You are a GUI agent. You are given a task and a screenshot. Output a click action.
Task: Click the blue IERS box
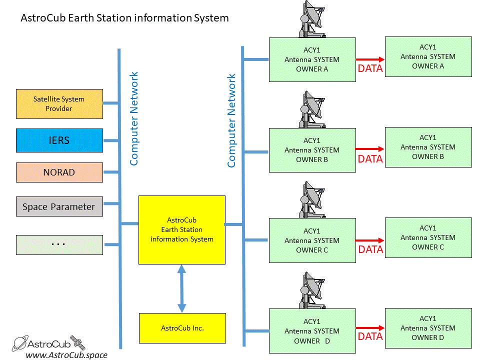pos(59,140)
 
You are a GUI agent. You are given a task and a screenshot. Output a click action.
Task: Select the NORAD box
pos(59,172)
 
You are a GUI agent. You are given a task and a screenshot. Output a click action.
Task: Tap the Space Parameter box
pos(59,206)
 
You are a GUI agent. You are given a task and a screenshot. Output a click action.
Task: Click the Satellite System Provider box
pos(59,104)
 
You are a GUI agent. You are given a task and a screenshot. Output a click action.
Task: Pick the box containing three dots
pos(59,245)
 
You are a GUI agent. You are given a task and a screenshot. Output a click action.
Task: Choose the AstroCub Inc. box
pos(182,328)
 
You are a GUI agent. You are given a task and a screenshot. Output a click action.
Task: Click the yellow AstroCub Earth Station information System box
pos(182,230)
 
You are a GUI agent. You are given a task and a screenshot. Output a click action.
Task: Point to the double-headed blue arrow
pos(182,288)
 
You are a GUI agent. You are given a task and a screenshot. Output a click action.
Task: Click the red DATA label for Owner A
pos(370,68)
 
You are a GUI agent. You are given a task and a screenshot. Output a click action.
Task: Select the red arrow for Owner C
pos(370,240)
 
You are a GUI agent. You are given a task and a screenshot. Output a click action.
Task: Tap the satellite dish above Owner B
pos(312,109)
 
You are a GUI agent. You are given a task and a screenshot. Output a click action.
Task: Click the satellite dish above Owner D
pos(312,290)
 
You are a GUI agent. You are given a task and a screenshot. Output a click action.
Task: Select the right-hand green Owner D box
pos(428,328)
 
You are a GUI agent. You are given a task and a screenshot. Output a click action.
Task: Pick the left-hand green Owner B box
pos(312,150)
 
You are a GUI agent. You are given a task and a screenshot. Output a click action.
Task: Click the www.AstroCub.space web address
pos(66,355)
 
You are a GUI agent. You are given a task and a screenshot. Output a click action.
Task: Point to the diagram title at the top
pos(124,18)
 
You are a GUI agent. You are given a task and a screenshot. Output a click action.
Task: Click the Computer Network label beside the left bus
pos(134,119)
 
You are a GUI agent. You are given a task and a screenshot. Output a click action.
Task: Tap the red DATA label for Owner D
pos(370,336)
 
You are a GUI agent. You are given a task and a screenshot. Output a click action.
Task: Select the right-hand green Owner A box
pos(428,56)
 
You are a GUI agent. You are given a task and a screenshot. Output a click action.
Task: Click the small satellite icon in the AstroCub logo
pos(77,342)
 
